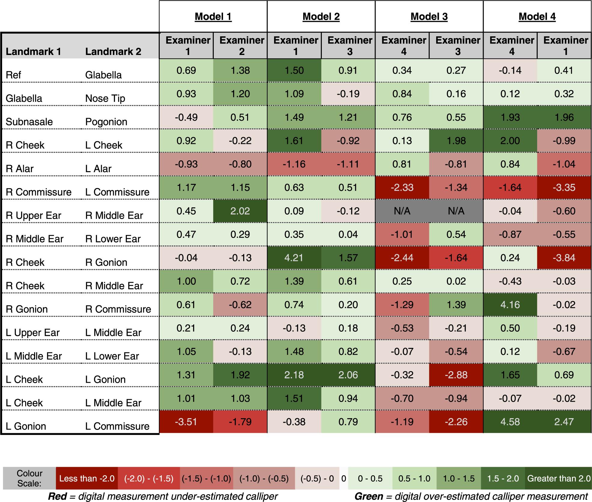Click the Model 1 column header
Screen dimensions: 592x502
213,17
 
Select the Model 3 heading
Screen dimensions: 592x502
429,17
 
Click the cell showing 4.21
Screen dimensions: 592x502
294,258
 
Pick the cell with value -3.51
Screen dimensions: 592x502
186,422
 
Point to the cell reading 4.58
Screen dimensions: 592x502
510,422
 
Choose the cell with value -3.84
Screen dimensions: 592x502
564,258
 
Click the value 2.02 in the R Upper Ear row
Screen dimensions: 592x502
240,211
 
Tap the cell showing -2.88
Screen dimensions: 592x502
456,375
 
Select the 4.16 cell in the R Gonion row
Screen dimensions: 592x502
510,305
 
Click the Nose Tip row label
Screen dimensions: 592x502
105,99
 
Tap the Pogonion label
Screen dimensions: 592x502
106,122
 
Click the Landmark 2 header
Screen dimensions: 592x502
113,51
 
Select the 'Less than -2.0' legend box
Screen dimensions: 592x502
87,478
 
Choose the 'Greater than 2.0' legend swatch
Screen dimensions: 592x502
558,478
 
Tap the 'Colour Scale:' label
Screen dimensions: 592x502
29,478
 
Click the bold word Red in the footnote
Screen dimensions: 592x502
57,496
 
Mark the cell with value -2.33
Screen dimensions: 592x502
402,187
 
